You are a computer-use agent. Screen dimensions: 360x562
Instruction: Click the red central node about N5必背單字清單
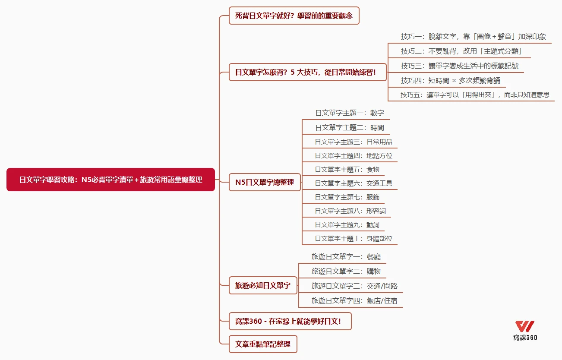[111, 180]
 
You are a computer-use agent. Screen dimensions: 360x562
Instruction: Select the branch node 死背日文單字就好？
[294, 16]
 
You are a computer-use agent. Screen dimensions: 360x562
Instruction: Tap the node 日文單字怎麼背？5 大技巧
[305, 72]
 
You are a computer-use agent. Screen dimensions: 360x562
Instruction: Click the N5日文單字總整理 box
[265, 182]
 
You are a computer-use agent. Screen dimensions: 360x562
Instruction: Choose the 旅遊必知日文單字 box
[263, 285]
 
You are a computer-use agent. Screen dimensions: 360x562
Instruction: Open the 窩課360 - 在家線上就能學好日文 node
[290, 321]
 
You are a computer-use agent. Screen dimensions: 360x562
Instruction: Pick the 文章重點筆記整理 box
[263, 344]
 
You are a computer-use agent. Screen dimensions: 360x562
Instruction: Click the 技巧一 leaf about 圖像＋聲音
[473, 37]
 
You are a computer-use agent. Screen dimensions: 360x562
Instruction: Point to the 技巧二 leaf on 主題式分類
[461, 51]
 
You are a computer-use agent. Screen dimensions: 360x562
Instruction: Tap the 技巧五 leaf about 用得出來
[475, 95]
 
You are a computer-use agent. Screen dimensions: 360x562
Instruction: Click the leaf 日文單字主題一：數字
[349, 113]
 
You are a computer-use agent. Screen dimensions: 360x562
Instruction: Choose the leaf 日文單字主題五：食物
[347, 170]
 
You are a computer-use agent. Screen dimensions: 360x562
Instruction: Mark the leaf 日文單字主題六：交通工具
[354, 183]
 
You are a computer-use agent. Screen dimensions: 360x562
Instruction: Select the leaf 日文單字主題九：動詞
[347, 225]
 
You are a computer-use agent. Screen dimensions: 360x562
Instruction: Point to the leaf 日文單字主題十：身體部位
[354, 239]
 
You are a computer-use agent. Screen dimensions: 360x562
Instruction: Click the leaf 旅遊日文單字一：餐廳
[346, 256]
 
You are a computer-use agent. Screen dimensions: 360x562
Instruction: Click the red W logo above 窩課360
[525, 326]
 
